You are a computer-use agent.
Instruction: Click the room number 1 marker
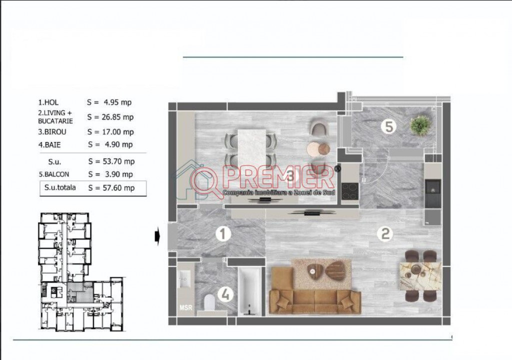click(x=223, y=234)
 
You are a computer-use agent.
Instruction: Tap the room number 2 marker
click(x=385, y=234)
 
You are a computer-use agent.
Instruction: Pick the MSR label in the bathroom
click(x=186, y=307)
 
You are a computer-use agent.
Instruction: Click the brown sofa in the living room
click(x=315, y=290)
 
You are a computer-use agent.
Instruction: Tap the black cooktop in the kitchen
click(x=350, y=191)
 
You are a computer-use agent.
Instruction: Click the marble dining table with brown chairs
click(x=421, y=276)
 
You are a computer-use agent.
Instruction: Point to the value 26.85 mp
click(x=119, y=117)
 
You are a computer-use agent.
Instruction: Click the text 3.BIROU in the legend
click(x=52, y=132)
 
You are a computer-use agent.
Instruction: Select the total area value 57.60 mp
click(x=119, y=188)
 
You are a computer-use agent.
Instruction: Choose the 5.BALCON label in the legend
click(x=54, y=174)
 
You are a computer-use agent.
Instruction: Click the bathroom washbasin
click(x=185, y=279)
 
